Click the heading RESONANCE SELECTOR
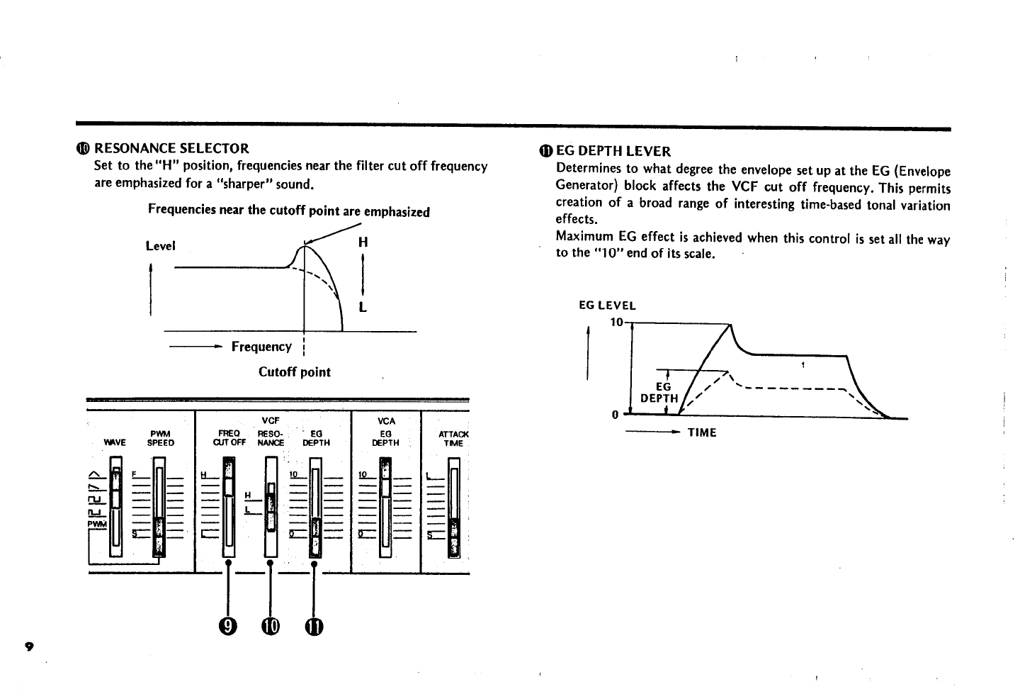coord(171,149)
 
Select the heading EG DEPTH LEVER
coord(613,151)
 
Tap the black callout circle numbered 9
coord(227,626)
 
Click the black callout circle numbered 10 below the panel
coord(270,626)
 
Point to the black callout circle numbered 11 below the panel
coord(313,626)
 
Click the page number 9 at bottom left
coord(28,646)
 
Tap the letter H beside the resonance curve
coord(363,242)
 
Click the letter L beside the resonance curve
coord(363,308)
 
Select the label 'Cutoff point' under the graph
coord(294,372)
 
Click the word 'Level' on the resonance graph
coord(160,246)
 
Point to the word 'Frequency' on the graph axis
coord(261,347)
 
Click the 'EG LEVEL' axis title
coord(607,306)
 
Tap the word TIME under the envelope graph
coord(702,432)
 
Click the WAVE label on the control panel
coord(115,443)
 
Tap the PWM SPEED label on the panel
coord(160,438)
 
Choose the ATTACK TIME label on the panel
coord(453,438)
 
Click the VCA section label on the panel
coord(386,421)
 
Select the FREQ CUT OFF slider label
coord(229,438)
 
